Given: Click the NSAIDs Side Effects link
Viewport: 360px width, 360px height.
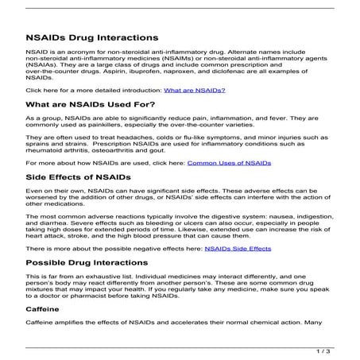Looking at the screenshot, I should pyautogui.click(x=238, y=249).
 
